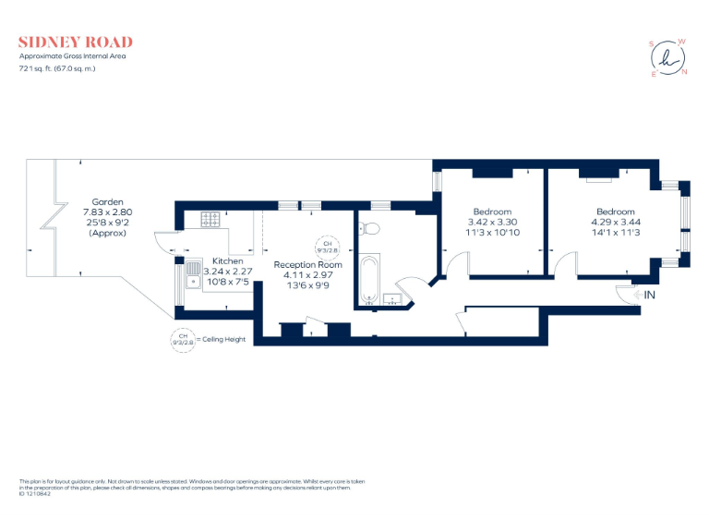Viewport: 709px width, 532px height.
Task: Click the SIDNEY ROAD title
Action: (76, 42)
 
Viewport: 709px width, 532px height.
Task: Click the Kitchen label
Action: (227, 261)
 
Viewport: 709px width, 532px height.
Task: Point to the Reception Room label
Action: (307, 264)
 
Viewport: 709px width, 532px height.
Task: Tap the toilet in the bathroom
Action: (369, 227)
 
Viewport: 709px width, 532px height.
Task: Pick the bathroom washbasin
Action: (391, 297)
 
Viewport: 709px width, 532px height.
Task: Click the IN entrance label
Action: (649, 295)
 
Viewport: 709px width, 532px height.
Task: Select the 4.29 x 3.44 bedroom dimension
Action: (615, 223)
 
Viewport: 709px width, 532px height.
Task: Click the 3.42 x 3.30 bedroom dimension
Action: (492, 223)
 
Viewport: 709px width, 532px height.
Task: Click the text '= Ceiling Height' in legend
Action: (222, 340)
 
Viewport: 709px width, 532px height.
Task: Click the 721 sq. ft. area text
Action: (57, 68)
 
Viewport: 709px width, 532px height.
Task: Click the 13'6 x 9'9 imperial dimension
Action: (307, 285)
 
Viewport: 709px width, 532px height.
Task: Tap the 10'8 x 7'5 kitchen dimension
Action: (227, 282)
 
